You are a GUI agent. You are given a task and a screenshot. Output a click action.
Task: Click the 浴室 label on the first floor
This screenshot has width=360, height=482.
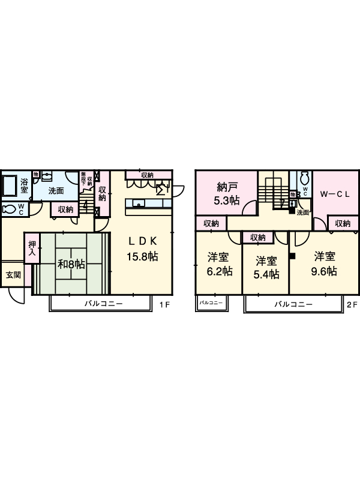coord(25,185)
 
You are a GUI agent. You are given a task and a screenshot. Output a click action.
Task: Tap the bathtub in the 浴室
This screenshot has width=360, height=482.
coord(10,186)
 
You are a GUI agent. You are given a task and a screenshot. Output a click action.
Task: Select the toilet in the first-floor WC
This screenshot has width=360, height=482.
coord(10,209)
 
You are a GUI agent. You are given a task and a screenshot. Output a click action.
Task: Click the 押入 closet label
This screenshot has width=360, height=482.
coord(32,249)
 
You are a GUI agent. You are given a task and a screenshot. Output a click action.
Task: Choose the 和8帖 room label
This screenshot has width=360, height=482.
coord(71,264)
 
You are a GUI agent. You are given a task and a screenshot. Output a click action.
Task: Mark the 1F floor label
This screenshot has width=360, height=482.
coord(165,304)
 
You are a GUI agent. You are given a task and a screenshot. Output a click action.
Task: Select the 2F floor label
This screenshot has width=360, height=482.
coord(352,304)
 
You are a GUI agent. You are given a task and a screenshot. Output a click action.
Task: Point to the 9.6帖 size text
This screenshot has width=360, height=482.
coord(323,271)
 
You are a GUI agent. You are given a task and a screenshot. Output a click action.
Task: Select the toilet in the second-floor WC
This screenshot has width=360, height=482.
coord(304,179)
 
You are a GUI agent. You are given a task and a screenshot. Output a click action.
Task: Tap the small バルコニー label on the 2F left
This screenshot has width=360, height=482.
coord(211,303)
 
